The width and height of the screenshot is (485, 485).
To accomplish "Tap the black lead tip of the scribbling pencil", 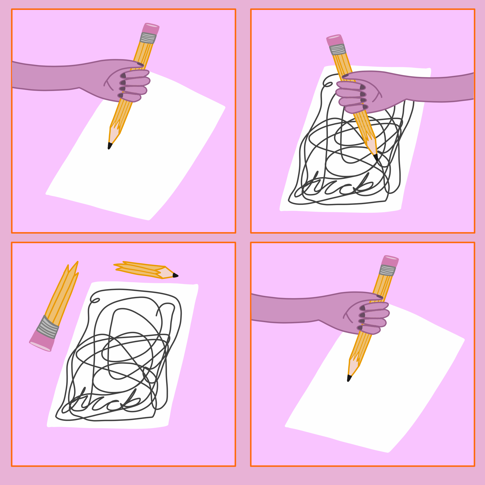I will tap(376, 157).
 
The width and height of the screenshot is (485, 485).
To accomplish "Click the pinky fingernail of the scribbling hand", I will tap(365, 107).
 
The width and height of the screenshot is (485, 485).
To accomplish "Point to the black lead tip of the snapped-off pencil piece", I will tap(175, 275).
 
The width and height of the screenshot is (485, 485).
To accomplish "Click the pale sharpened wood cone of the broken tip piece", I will tap(166, 272).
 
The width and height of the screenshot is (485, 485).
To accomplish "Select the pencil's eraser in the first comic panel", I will tap(151, 28).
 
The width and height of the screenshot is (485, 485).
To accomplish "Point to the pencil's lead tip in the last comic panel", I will tap(349, 378).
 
